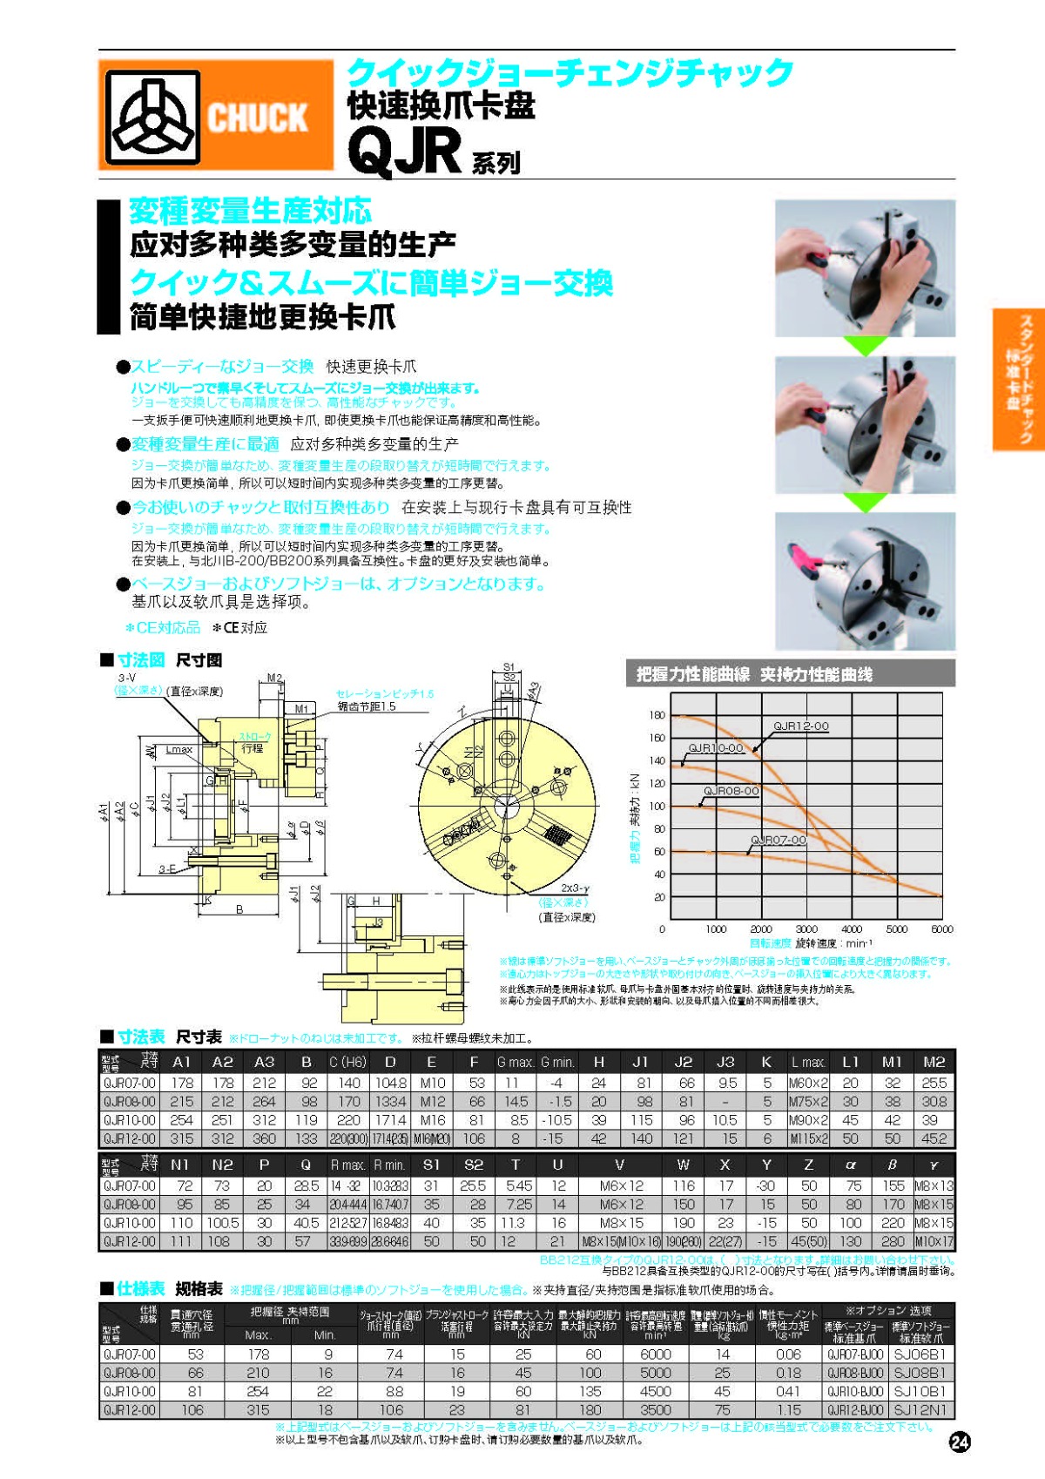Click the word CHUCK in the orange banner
click(258, 118)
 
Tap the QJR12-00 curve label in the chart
click(800, 726)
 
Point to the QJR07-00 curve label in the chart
click(778, 841)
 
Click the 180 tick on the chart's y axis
click(657, 715)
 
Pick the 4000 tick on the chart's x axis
click(852, 929)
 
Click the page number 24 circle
click(960, 1442)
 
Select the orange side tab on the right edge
click(1018, 379)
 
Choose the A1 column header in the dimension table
click(181, 1063)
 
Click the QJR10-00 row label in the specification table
click(129, 1392)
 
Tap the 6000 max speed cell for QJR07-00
click(655, 1355)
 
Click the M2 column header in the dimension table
click(934, 1063)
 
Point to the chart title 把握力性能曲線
click(692, 674)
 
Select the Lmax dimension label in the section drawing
click(179, 749)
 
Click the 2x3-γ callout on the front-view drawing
click(575, 888)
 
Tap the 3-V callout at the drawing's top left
click(127, 678)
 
